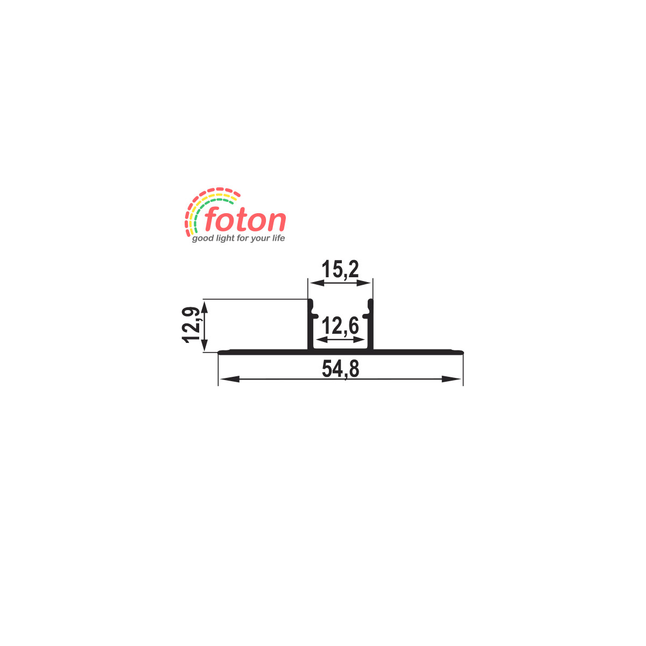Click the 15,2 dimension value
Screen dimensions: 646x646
(340, 270)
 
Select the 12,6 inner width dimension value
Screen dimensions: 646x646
(340, 326)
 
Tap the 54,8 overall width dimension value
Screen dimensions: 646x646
(340, 369)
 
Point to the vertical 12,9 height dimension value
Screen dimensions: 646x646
(192, 325)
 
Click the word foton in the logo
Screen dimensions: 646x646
(245, 219)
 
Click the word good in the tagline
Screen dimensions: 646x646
(203, 238)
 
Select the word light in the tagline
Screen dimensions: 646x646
(226, 238)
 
